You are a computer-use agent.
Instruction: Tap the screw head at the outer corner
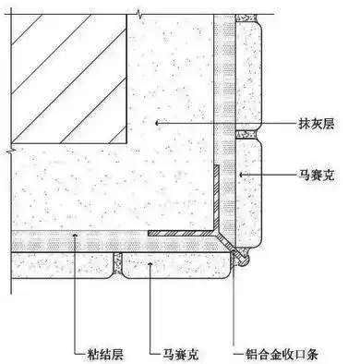243,262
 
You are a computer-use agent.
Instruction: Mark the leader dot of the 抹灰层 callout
159,122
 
